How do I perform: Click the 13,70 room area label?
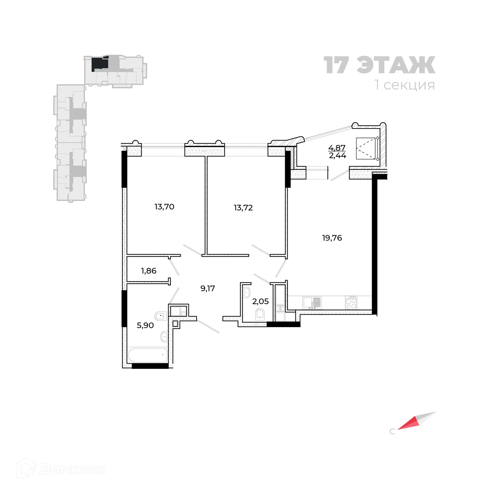(x=164, y=207)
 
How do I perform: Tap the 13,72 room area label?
(x=243, y=208)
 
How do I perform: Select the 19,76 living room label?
(x=332, y=238)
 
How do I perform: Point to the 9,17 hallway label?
(x=208, y=288)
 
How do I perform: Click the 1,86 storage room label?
(x=149, y=271)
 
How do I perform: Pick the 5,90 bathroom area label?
(x=145, y=325)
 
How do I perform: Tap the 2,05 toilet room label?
(x=260, y=301)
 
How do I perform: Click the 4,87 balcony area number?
(x=337, y=148)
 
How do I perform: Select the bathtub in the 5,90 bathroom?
(x=148, y=355)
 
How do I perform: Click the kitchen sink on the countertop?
(x=312, y=303)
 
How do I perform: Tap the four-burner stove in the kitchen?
(x=351, y=303)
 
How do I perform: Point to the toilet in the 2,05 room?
(x=260, y=314)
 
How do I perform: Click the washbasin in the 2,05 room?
(x=247, y=292)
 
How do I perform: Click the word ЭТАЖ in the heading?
(x=396, y=65)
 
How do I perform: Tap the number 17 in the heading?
(x=337, y=65)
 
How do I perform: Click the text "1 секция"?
(x=405, y=85)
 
